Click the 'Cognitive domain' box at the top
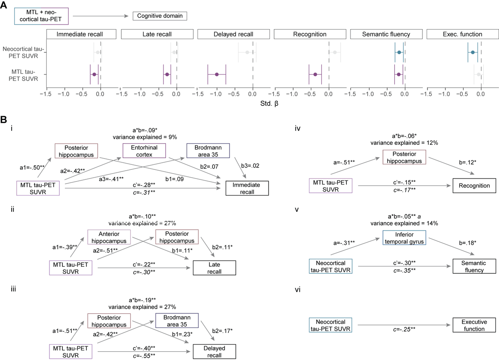(x=160, y=16)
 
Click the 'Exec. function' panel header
(x=462, y=34)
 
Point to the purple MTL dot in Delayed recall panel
(x=217, y=74)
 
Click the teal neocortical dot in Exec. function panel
(x=472, y=52)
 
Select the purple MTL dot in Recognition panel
(x=315, y=74)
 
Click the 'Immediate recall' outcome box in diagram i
(x=247, y=188)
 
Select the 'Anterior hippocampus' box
(x=109, y=237)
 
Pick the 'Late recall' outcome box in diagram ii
(x=214, y=268)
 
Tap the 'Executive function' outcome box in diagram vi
(x=474, y=325)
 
